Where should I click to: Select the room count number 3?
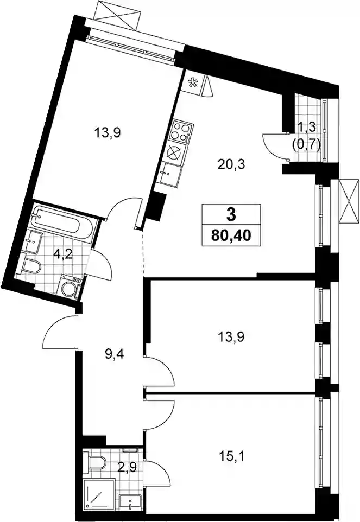pos(231,215)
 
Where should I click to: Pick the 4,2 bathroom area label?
pos(64,256)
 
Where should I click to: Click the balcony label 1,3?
pos(306,126)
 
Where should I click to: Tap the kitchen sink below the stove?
pos(169,172)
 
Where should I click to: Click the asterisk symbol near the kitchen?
pos(192,82)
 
